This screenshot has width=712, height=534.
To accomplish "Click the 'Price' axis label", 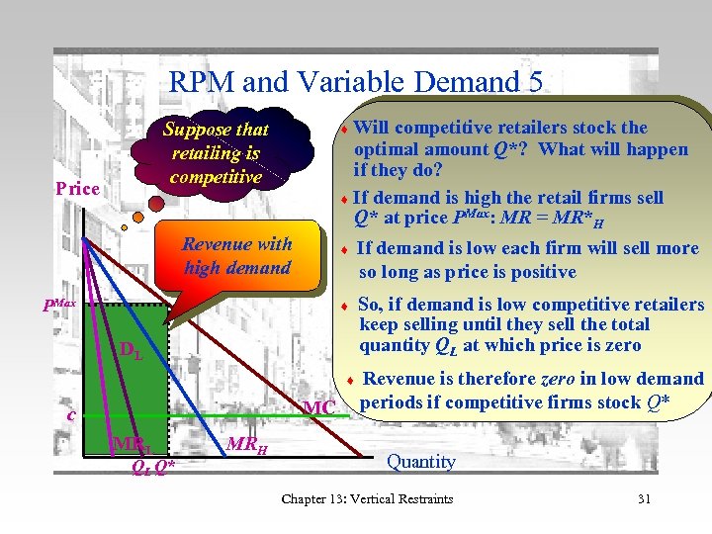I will coord(77,188).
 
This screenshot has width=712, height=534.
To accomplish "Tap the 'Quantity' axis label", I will coord(421,462).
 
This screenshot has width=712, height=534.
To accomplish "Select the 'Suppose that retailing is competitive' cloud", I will coord(216,153).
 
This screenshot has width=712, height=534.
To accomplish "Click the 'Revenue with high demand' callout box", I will coord(237,256).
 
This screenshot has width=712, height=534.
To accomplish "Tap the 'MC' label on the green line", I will coord(319,408).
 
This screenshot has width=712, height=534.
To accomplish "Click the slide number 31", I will coord(644,498).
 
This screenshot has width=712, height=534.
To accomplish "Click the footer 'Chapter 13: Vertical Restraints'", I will coord(367,498).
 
